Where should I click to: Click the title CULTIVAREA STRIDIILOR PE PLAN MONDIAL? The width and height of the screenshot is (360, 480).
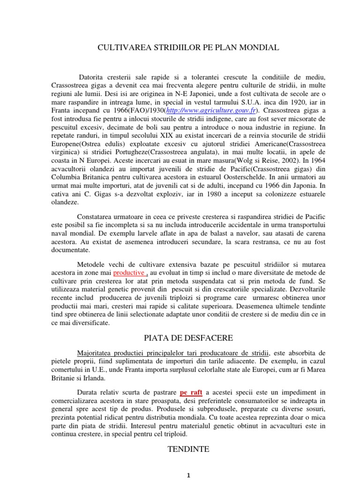tap(188, 47)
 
